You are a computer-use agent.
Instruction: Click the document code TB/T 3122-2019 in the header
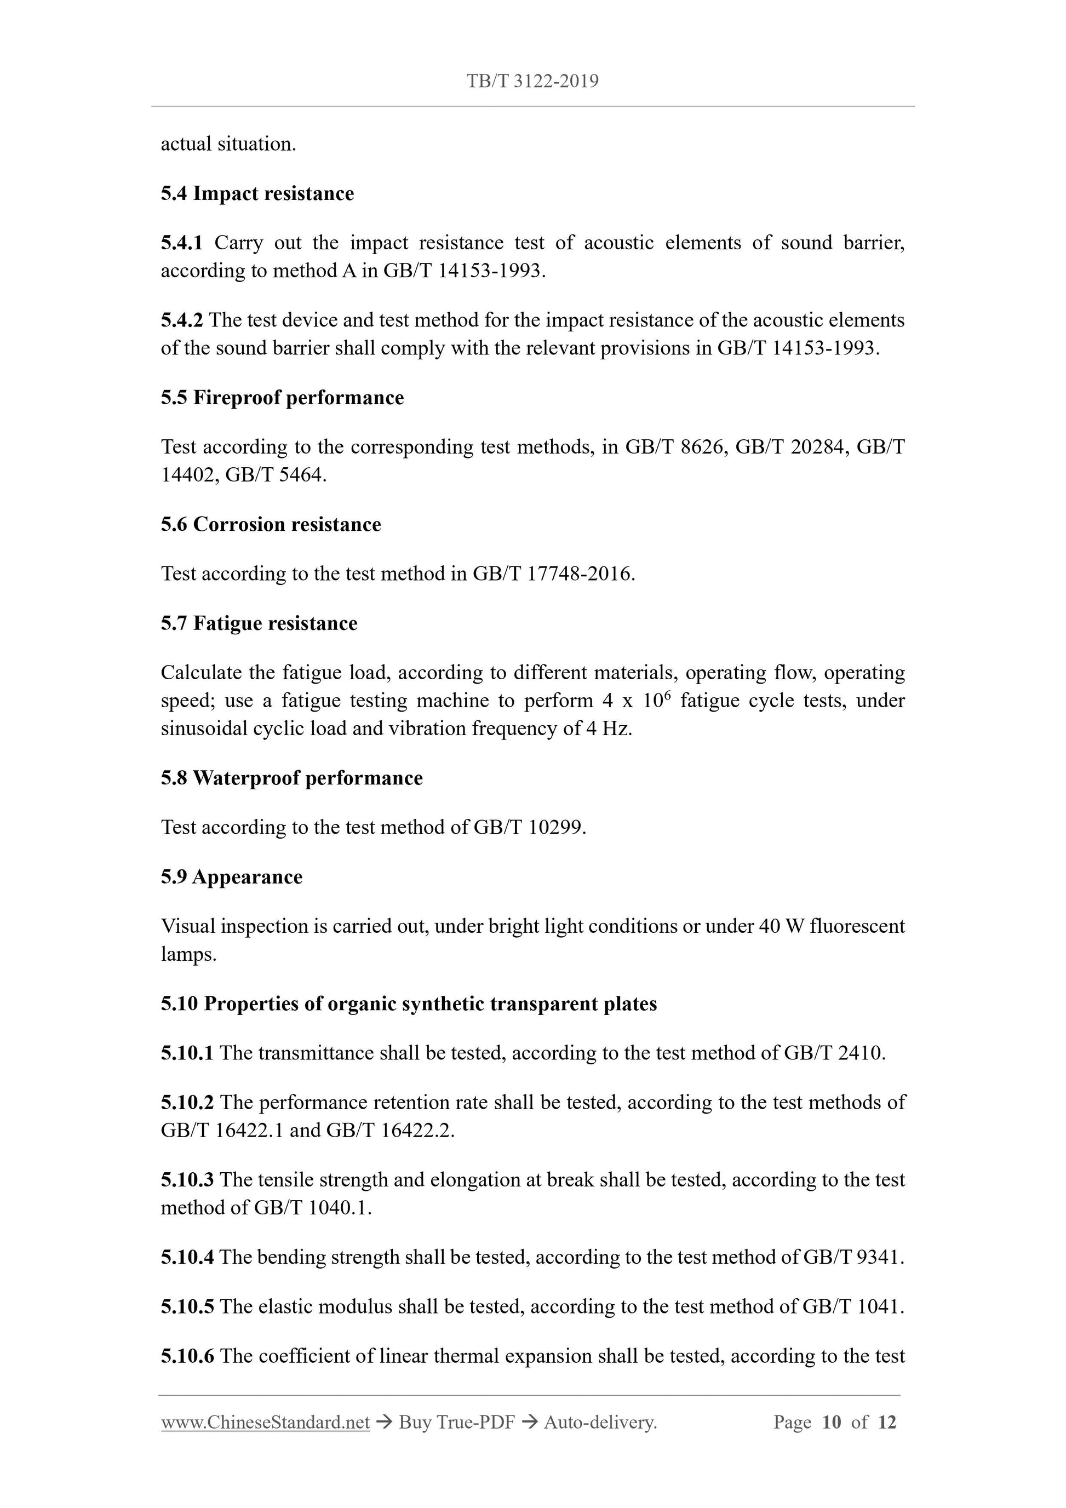(x=532, y=82)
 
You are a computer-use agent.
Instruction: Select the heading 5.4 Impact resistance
(x=257, y=194)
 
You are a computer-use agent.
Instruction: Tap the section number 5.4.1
(x=181, y=243)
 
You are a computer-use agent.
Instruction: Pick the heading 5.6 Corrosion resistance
(x=271, y=525)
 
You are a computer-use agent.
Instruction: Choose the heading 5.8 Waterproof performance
(x=291, y=778)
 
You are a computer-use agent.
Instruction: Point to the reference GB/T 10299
(x=529, y=828)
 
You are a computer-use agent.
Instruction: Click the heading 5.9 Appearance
(x=231, y=878)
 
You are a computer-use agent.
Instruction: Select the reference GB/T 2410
(x=834, y=1053)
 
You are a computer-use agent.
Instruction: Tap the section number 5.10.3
(x=187, y=1180)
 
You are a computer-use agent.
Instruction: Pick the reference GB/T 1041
(x=852, y=1307)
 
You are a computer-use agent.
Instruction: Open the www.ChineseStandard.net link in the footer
(x=265, y=1423)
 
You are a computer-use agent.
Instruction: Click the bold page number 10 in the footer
(x=831, y=1423)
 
